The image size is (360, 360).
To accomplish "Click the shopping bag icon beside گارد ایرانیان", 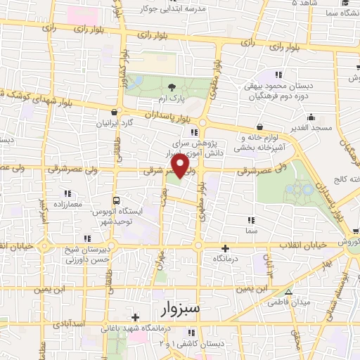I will [x=123, y=111].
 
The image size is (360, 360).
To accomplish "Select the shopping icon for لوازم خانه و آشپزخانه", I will [x=261, y=127].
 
